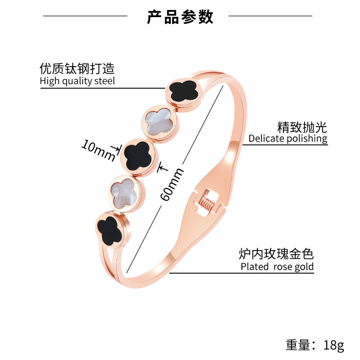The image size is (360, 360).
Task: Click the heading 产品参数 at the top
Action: tap(180, 17)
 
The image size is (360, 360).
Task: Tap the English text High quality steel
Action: tap(77, 81)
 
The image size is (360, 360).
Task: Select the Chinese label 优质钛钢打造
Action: tap(77, 69)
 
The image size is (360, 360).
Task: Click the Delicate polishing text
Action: tap(288, 138)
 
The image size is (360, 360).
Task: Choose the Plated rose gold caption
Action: tap(277, 266)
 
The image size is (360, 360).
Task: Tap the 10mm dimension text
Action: tap(98, 150)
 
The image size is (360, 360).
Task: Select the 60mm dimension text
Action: tap(172, 184)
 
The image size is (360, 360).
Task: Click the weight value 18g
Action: tap(333, 345)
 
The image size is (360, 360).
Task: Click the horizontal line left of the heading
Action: tap(85, 16)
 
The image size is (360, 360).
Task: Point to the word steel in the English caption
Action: tap(105, 81)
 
